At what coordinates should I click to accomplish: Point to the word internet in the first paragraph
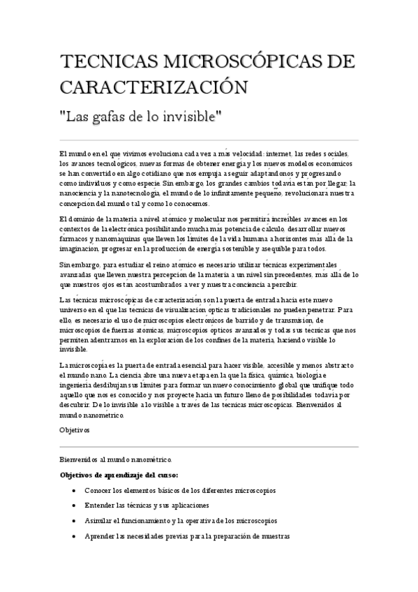point(278,154)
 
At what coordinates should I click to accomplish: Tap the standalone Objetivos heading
point(75,430)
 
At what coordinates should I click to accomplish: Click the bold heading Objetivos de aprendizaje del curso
point(119,475)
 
